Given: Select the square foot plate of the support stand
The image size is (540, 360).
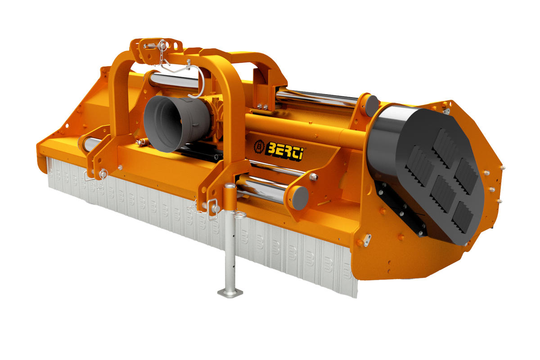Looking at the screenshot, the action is [x=230, y=293].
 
